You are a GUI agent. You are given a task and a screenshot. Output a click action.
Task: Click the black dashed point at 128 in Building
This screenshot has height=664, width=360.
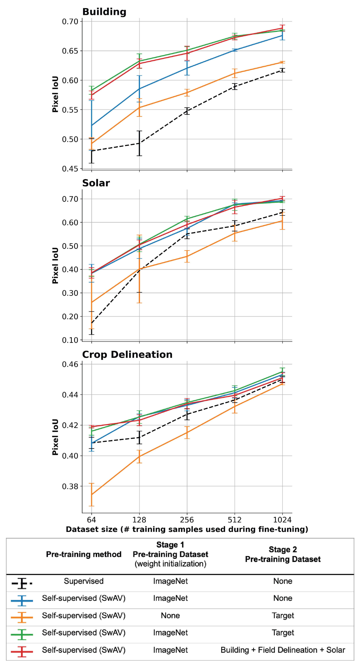139,143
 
